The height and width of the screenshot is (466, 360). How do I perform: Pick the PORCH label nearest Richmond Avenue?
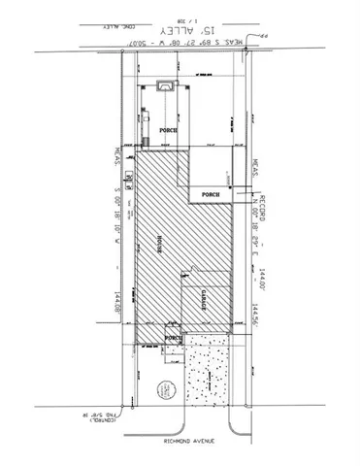[x=174, y=339]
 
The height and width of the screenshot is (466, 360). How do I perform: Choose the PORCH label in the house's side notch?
[x=211, y=194]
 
